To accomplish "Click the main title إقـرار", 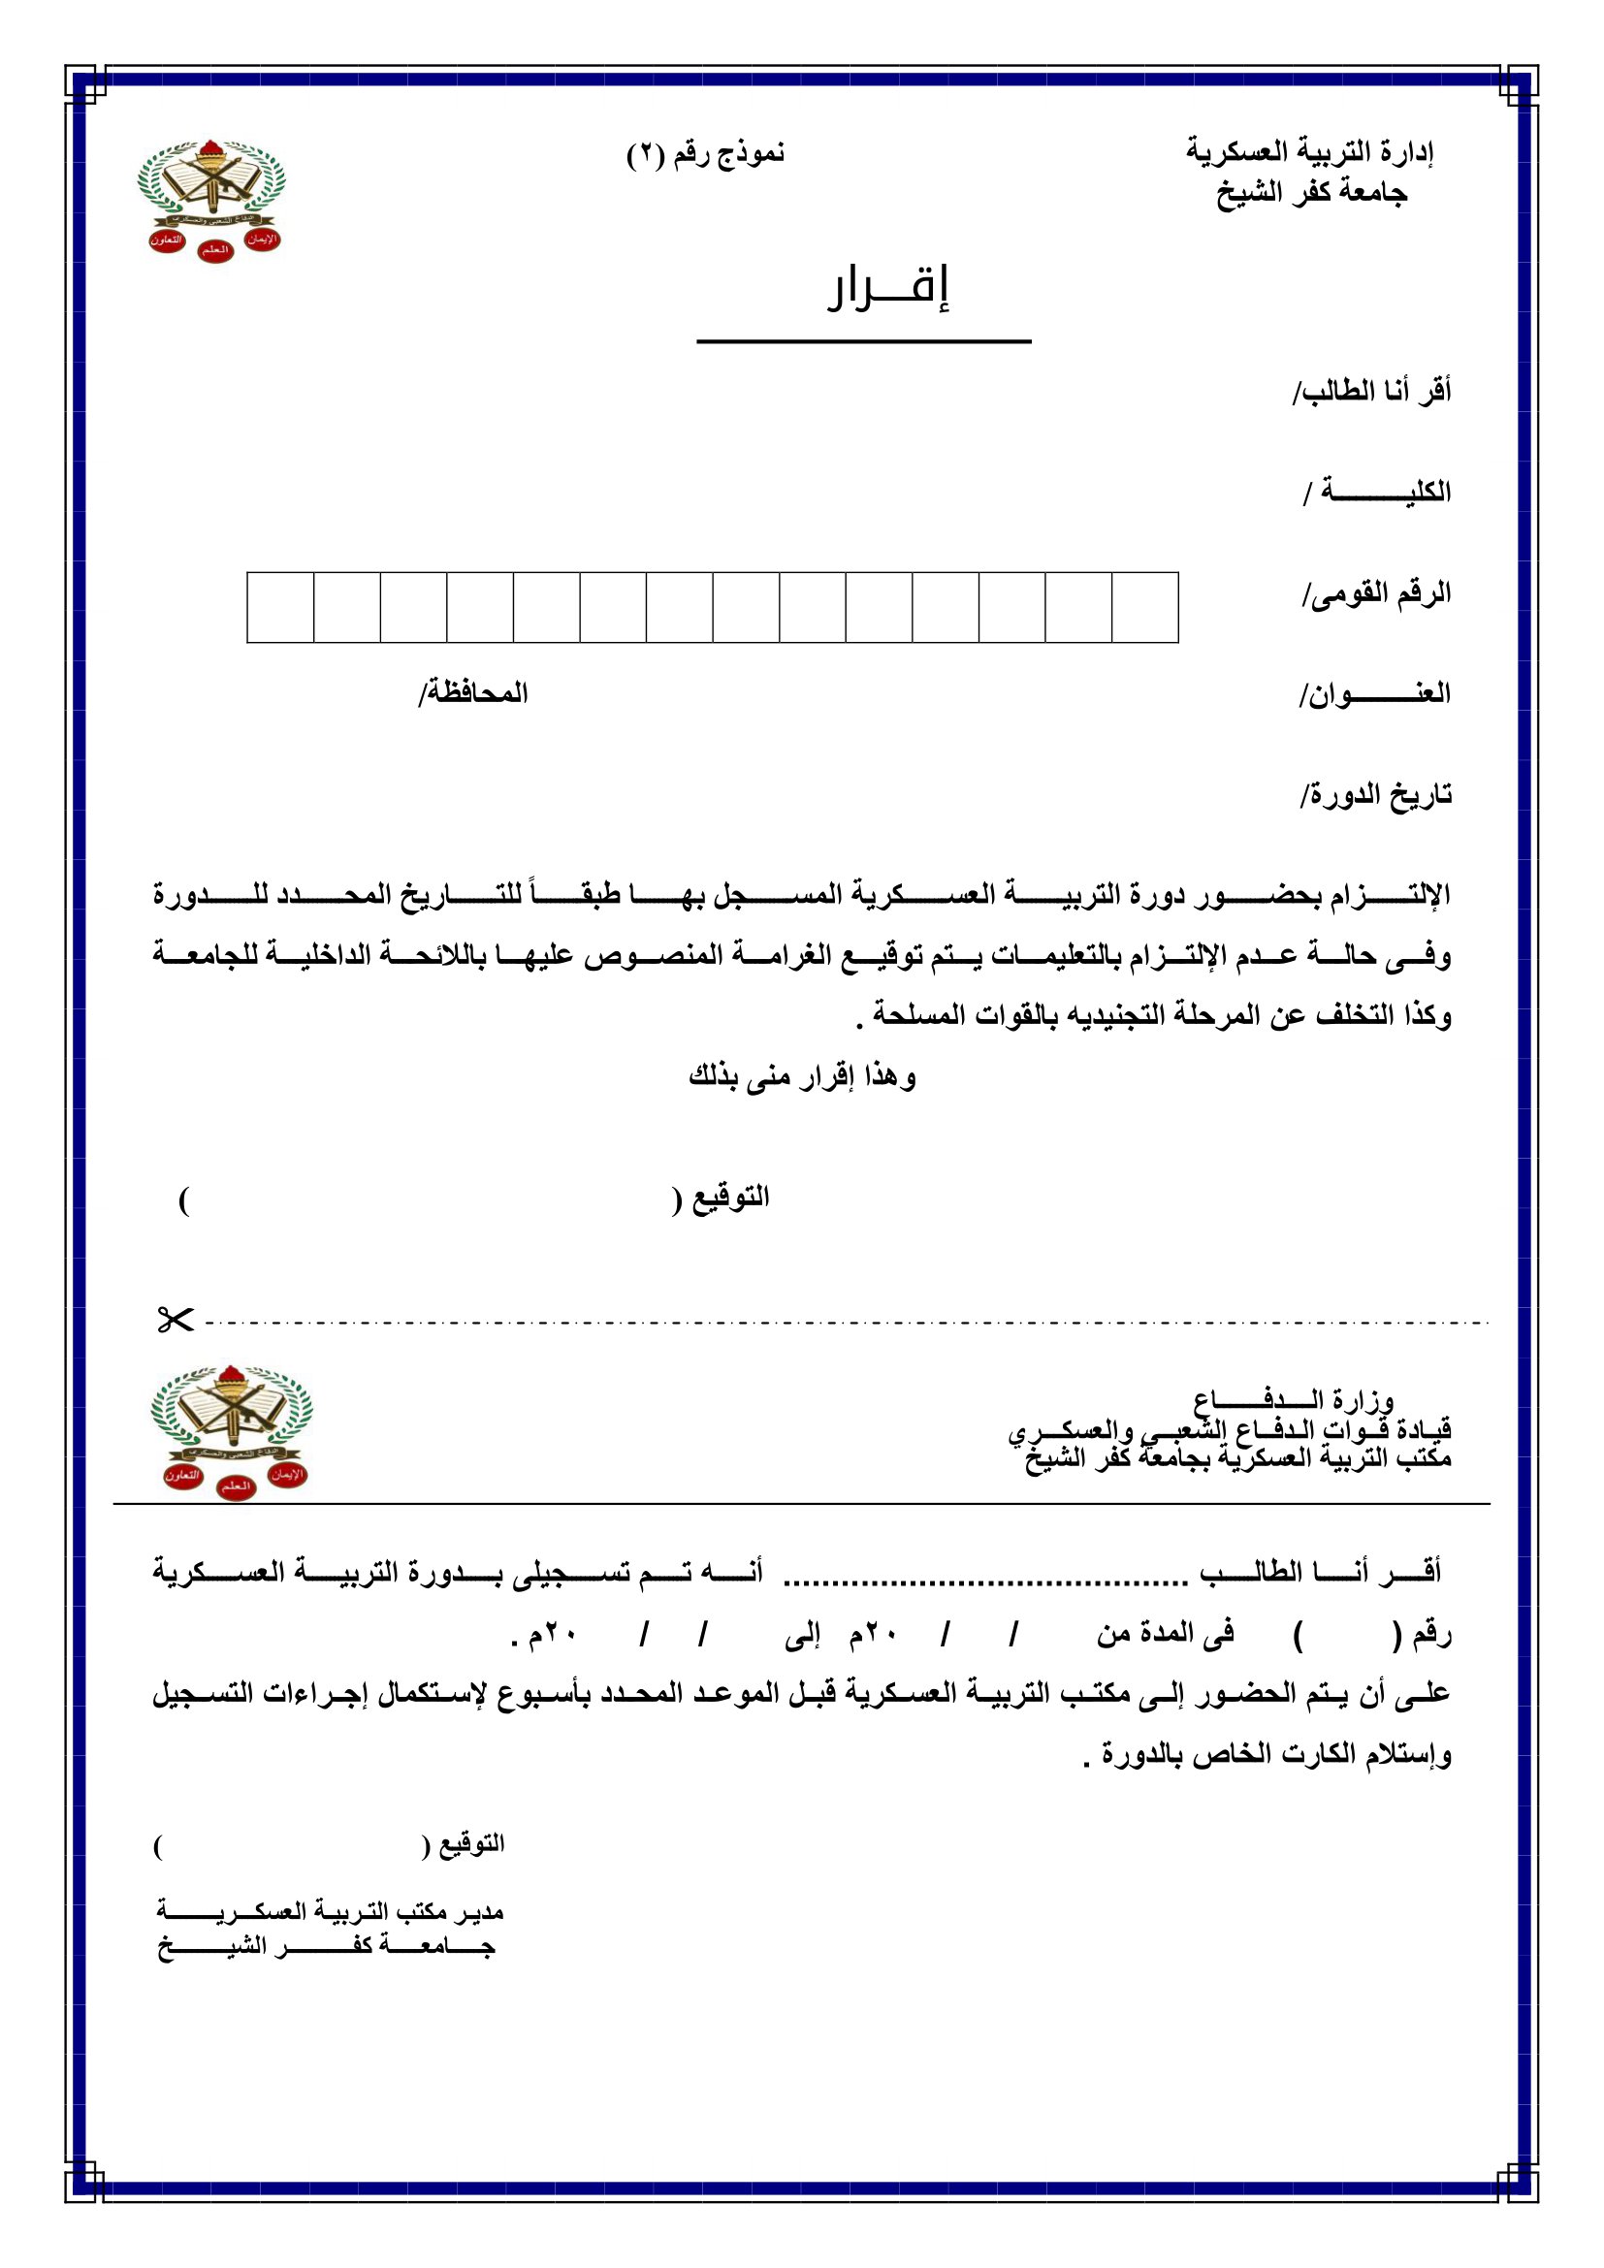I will pos(888,287).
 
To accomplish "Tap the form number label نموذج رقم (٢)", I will pos(705,154).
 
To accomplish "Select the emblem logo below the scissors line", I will pos(232,1431).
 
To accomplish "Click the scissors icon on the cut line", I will pos(175,1320).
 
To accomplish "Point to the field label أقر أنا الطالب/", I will pos(1372,391).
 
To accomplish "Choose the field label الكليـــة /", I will pos(1377,491).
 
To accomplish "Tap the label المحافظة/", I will pos(473,693).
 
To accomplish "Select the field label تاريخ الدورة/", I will pos(1376,794).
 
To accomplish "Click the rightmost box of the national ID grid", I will pos(1144,608).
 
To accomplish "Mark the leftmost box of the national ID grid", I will pos(280,608).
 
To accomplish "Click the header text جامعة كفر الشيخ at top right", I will pos(1311,193).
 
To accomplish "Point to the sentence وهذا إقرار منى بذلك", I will pos(802,1075).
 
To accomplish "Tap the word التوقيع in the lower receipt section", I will pos(472,1843).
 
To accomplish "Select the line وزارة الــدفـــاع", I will pos(1293,1400).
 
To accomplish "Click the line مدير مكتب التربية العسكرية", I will pos(330,1911).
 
